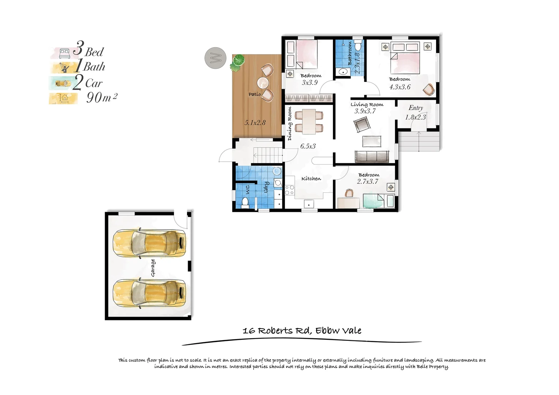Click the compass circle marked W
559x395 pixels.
point(215,58)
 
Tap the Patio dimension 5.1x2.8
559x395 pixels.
point(255,123)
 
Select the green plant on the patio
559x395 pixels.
point(237,62)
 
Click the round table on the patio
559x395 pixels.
point(263,82)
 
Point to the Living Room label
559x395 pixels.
point(367,105)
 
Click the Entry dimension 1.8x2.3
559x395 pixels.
point(415,117)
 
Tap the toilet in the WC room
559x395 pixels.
point(245,202)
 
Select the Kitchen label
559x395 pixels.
point(311,178)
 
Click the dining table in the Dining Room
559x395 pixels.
point(309,121)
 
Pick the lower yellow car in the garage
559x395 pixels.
point(149,293)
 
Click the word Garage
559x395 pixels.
point(153,268)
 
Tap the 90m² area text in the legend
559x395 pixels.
point(101,98)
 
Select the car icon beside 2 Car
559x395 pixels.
point(63,83)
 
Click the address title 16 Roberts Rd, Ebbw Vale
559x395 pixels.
point(302,331)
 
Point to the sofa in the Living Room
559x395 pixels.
point(372,156)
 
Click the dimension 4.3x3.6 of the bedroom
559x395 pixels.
point(399,87)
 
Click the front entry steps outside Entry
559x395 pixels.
point(419,141)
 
